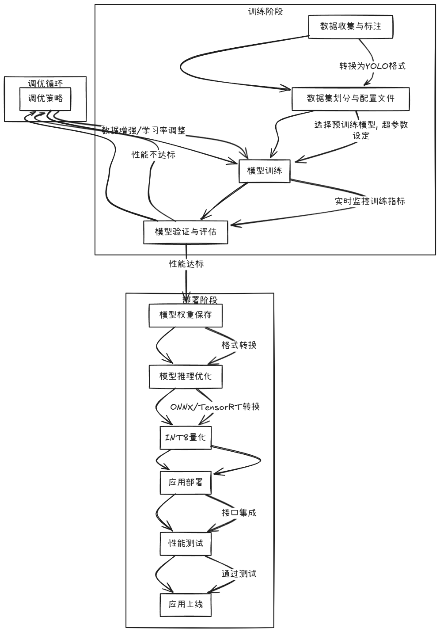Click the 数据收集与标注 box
click(x=350, y=27)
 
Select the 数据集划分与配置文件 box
click(x=350, y=99)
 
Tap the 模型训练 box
click(x=265, y=171)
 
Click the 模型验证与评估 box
click(x=186, y=232)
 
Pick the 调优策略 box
click(x=45, y=99)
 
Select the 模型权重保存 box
click(x=186, y=315)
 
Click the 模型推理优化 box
click(x=186, y=376)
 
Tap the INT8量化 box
click(x=186, y=438)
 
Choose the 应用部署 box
click(x=186, y=482)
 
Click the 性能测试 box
click(x=186, y=543)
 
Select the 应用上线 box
click(x=186, y=604)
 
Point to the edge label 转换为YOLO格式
click(x=372, y=66)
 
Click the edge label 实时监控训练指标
click(x=370, y=201)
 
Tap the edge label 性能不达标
click(x=153, y=155)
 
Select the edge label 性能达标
click(x=186, y=264)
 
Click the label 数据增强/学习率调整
click(x=144, y=130)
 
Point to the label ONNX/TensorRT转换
click(x=215, y=407)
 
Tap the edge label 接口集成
click(x=239, y=513)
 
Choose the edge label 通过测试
click(x=239, y=574)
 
